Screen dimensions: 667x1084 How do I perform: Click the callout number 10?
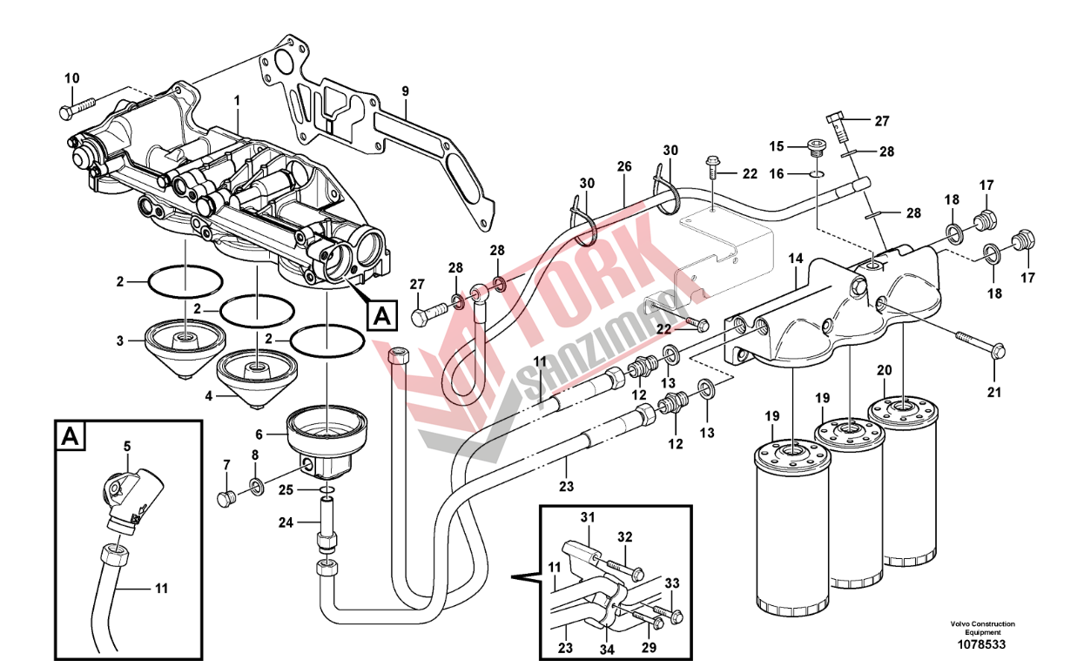[71, 78]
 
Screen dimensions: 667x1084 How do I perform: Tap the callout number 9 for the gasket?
[405, 91]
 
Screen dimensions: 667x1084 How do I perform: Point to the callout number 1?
[236, 101]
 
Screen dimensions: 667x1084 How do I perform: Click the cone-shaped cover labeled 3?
[181, 346]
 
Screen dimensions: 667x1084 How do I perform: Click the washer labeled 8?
[255, 485]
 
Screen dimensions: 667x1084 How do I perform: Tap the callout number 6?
[259, 432]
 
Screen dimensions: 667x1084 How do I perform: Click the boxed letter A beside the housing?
[381, 316]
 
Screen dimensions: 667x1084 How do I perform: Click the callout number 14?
[796, 259]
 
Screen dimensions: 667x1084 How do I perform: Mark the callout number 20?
[884, 370]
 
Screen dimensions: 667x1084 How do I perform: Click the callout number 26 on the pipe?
[624, 166]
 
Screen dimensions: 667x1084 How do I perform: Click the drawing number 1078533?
[982, 645]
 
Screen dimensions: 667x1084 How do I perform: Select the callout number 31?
[587, 517]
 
